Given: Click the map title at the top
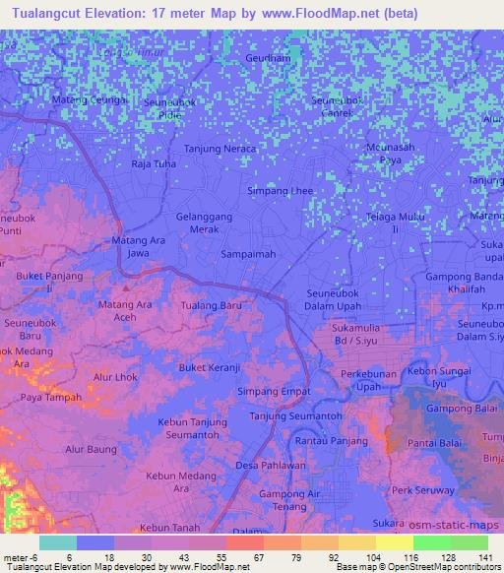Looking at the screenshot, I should tap(209, 14).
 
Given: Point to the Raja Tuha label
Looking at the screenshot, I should tap(154, 164).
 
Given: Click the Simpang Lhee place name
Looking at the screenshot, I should tap(280, 190).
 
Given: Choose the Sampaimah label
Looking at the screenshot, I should tap(247, 253).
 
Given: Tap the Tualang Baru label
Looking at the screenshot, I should tap(211, 306).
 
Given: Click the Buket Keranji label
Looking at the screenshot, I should tap(210, 368).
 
